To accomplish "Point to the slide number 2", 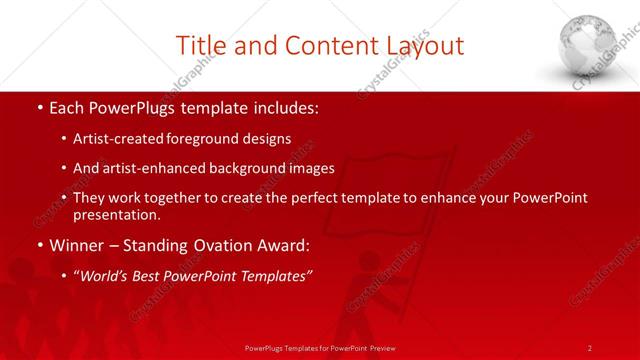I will (x=590, y=347).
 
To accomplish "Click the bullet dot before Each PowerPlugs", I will (x=37, y=108).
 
